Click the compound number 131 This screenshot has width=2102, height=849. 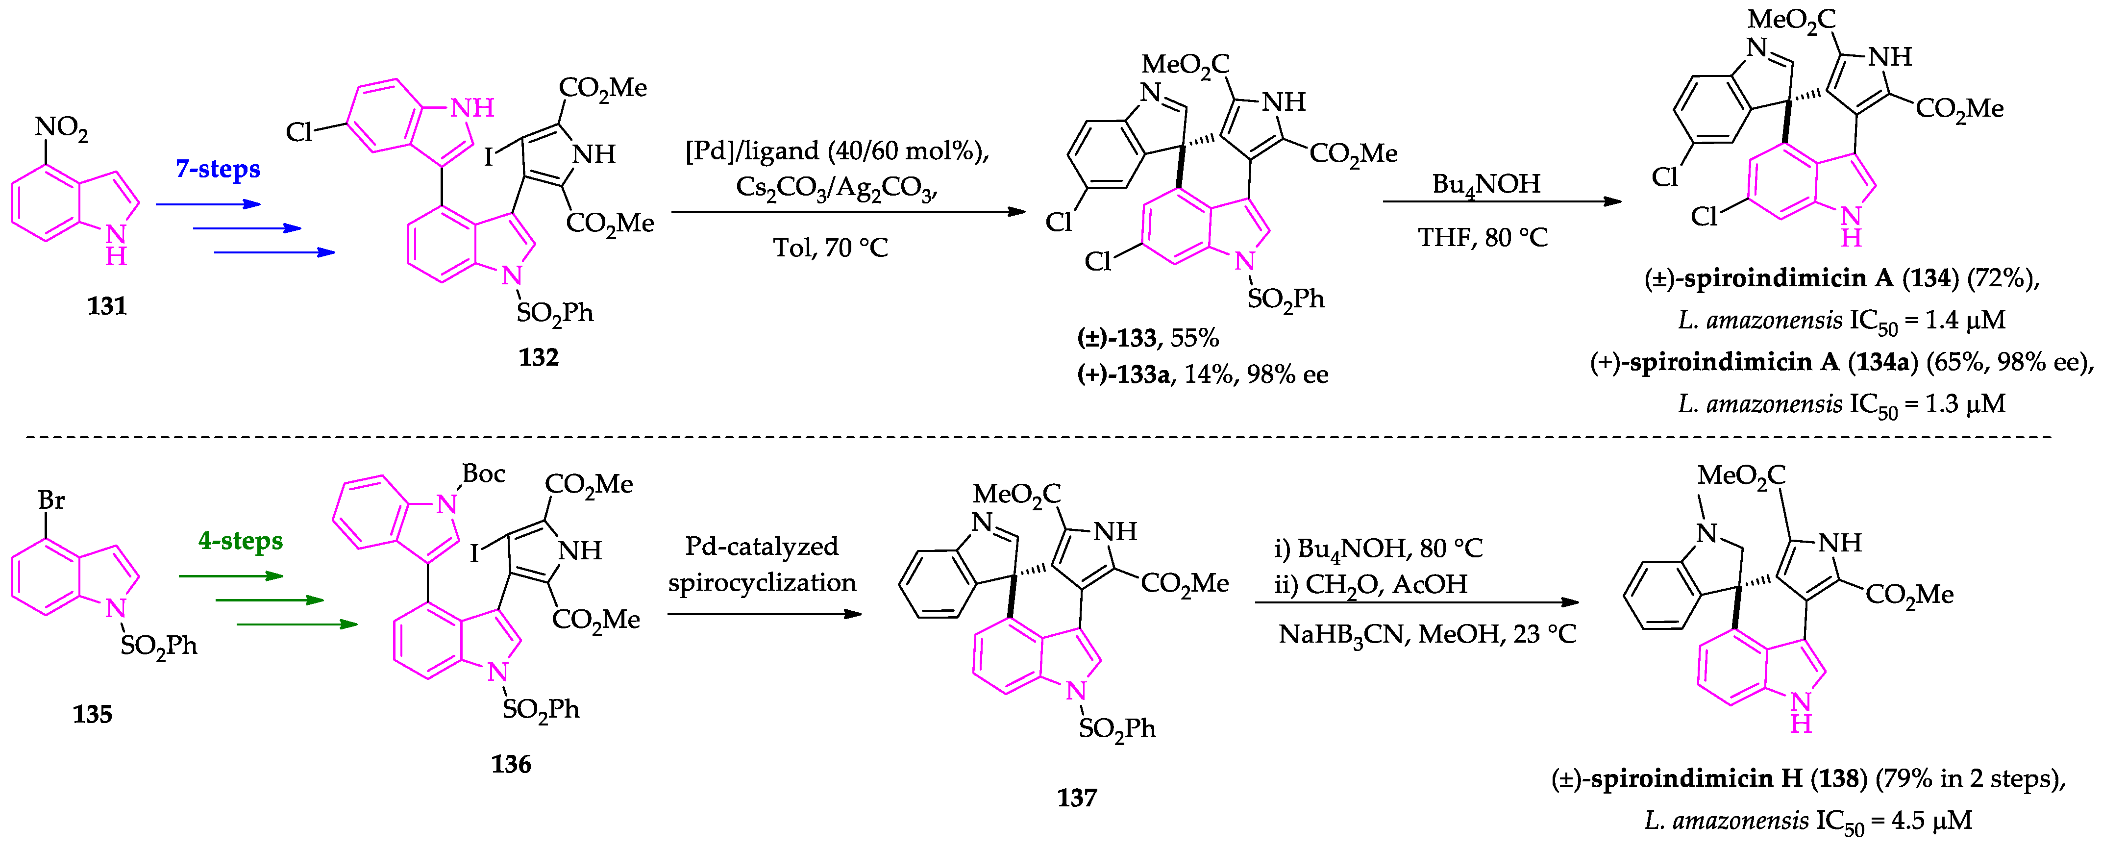(107, 306)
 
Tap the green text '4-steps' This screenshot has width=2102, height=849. (241, 540)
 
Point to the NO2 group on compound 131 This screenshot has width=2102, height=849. (61, 128)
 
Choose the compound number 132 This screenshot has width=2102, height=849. (539, 357)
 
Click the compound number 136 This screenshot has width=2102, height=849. (511, 764)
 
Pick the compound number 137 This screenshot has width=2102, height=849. (1077, 798)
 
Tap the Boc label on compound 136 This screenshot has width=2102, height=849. (483, 474)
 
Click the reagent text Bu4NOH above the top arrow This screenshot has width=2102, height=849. (1486, 184)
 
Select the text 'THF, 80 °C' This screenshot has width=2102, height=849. (1483, 238)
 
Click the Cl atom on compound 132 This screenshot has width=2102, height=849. (299, 132)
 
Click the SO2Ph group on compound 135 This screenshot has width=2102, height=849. (159, 647)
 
